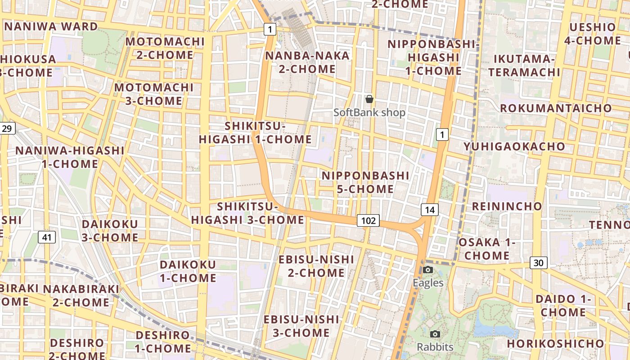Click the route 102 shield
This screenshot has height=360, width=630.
[x=368, y=220]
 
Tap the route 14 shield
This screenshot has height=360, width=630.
[x=430, y=209]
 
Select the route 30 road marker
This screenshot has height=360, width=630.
[x=538, y=263]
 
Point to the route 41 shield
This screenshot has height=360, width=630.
[x=47, y=237]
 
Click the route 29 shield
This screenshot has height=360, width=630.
[x=7, y=129]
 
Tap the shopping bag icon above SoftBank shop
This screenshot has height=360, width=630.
[x=369, y=99]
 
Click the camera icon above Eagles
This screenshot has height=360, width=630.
[x=428, y=270]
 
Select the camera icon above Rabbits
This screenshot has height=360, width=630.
[x=435, y=334]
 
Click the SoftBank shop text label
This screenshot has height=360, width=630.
[x=369, y=112]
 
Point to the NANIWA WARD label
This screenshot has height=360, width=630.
[x=51, y=27]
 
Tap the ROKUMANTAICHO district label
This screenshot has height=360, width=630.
[x=556, y=108]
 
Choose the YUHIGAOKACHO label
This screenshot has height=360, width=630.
[x=514, y=147]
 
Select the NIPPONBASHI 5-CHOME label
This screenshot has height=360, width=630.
[x=365, y=182]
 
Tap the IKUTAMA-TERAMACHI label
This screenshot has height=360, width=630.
[x=524, y=66]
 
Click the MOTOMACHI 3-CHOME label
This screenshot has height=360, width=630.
[x=153, y=94]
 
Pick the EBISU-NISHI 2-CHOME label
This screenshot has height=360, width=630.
[x=316, y=266]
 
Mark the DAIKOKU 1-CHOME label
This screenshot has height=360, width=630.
[x=188, y=271]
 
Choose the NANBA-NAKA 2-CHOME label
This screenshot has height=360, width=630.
[x=307, y=63]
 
